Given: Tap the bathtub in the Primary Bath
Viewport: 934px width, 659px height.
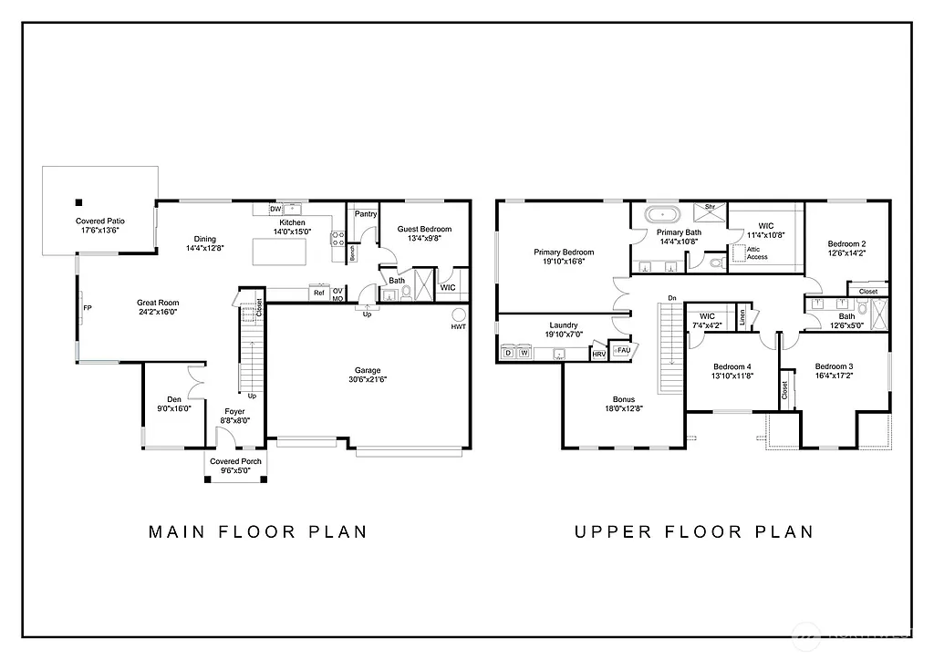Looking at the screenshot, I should tap(662, 216).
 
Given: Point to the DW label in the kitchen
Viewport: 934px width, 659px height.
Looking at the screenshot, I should tap(275, 209).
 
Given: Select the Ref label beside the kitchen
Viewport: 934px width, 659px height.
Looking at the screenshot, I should tap(319, 293).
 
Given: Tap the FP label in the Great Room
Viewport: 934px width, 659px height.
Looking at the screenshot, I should tap(88, 308).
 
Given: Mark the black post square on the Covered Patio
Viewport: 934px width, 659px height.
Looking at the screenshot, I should tap(79, 202).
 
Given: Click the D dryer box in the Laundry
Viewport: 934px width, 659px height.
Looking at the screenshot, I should tap(508, 352).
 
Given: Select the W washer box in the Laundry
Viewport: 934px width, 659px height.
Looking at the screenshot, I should tap(524, 352).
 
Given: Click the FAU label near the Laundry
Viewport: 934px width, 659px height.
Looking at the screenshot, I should tap(624, 350).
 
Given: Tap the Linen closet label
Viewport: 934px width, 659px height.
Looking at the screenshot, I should tap(742, 316).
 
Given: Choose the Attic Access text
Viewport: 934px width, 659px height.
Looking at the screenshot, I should tap(757, 252).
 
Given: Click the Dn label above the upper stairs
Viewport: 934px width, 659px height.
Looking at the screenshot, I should tap(672, 298).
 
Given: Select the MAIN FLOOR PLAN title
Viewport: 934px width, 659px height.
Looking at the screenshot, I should tap(257, 531).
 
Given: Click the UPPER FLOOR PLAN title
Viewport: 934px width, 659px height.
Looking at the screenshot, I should tap(693, 531).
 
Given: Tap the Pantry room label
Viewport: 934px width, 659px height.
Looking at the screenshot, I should tap(366, 214).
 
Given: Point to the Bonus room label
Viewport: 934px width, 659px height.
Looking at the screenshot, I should tap(624, 399).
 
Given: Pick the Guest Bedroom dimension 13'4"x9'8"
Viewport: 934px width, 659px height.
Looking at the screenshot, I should tap(424, 239).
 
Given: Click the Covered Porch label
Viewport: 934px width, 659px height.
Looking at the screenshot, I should tap(235, 461).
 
